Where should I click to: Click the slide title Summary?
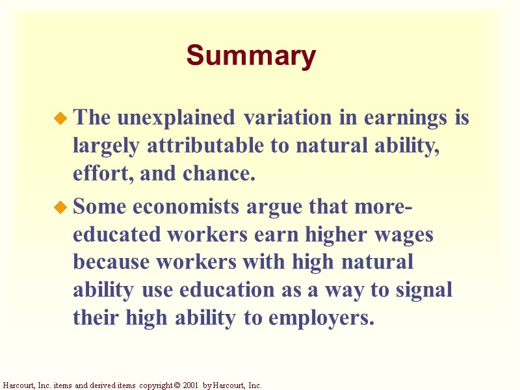(251, 56)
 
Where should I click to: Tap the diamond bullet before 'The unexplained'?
(60, 119)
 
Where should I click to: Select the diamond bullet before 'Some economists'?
(60, 209)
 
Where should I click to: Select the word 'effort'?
(95, 174)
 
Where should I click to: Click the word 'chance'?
(223, 174)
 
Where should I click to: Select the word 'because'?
(112, 263)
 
